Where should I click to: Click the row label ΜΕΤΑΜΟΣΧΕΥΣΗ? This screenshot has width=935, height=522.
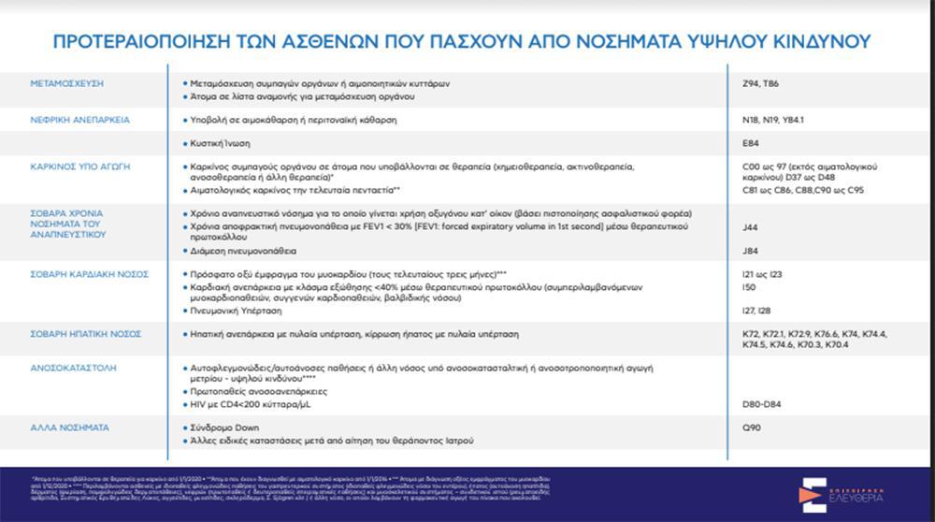coord(66,83)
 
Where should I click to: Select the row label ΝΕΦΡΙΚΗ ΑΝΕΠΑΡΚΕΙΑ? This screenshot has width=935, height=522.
coord(79,120)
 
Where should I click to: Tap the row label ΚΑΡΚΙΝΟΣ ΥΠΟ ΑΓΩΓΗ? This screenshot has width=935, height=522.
coord(79,166)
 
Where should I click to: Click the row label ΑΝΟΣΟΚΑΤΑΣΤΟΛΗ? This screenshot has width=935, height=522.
coord(73,369)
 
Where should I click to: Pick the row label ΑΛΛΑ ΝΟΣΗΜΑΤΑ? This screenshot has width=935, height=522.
coord(69,428)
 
